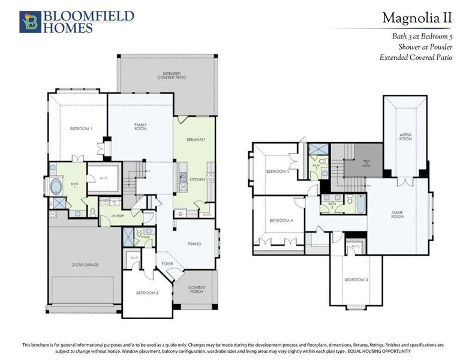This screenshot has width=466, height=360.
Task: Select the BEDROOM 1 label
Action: pyautogui.click(x=80, y=128)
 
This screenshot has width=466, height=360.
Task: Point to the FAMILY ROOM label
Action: pyautogui.click(x=140, y=127)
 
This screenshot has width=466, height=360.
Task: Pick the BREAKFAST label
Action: pyautogui.click(x=196, y=139)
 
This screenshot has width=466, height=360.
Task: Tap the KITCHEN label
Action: pyautogui.click(x=198, y=179)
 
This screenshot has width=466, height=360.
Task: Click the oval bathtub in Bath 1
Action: pyautogui.click(x=56, y=186)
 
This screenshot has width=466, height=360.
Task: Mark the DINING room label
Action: pyautogui.click(x=194, y=244)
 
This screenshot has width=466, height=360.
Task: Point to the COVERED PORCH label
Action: pyautogui.click(x=196, y=290)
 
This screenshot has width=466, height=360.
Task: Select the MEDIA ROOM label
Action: pyautogui.click(x=405, y=137)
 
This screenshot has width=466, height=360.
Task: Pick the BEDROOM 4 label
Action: pyautogui.click(x=281, y=220)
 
